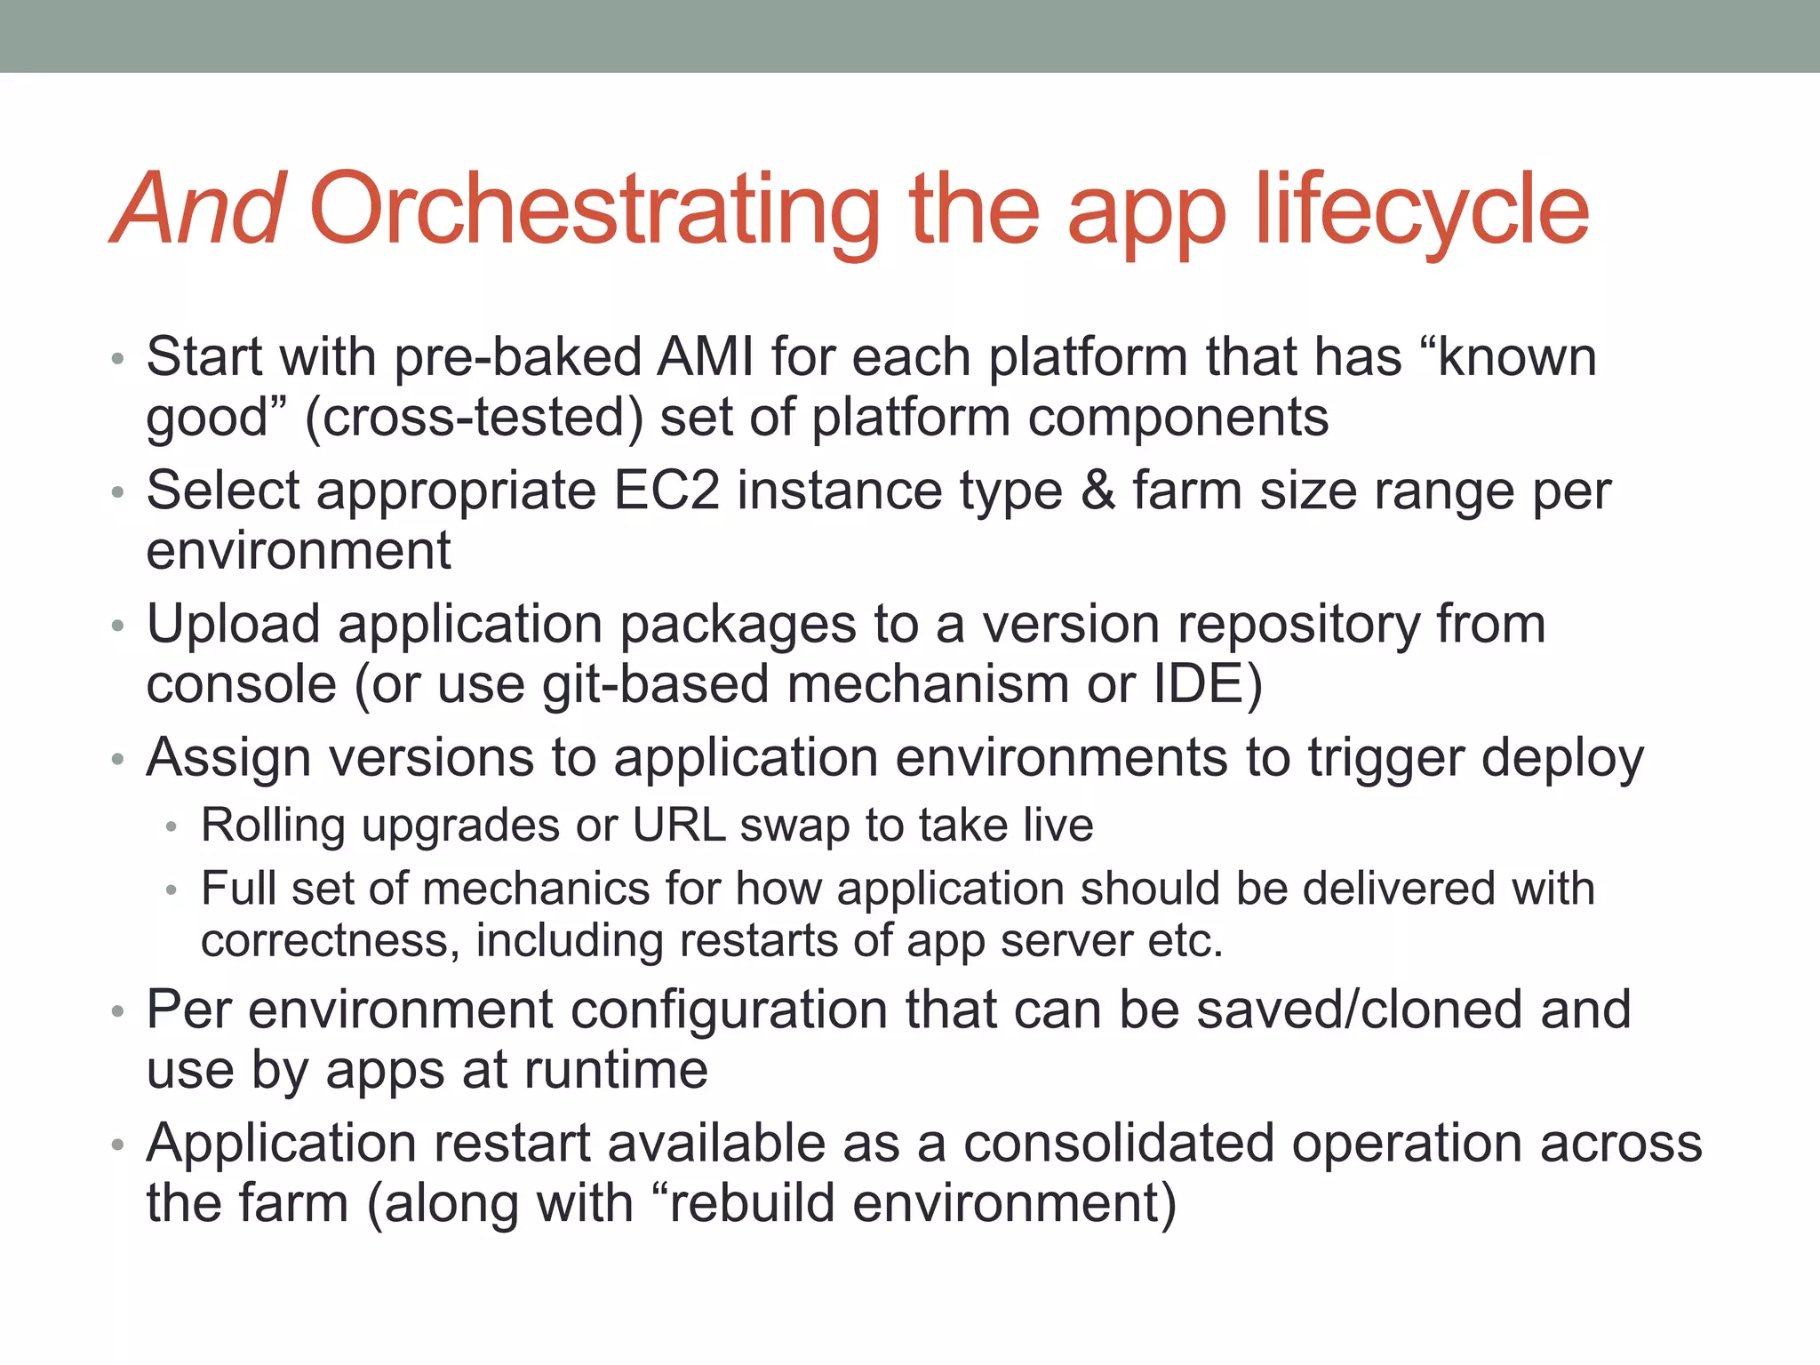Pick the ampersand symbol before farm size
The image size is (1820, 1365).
[1098, 491]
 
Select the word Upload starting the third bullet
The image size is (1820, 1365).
[234, 624]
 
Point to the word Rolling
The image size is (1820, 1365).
[273, 825]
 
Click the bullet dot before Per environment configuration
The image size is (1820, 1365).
[118, 1013]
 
